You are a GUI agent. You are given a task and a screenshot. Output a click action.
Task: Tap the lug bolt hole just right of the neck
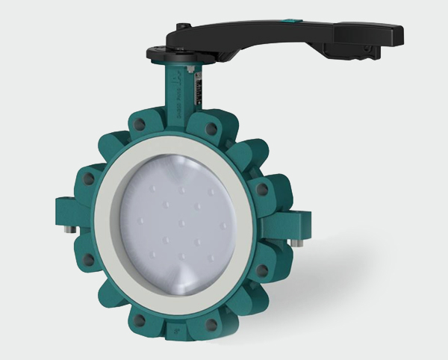coord(212,129)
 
